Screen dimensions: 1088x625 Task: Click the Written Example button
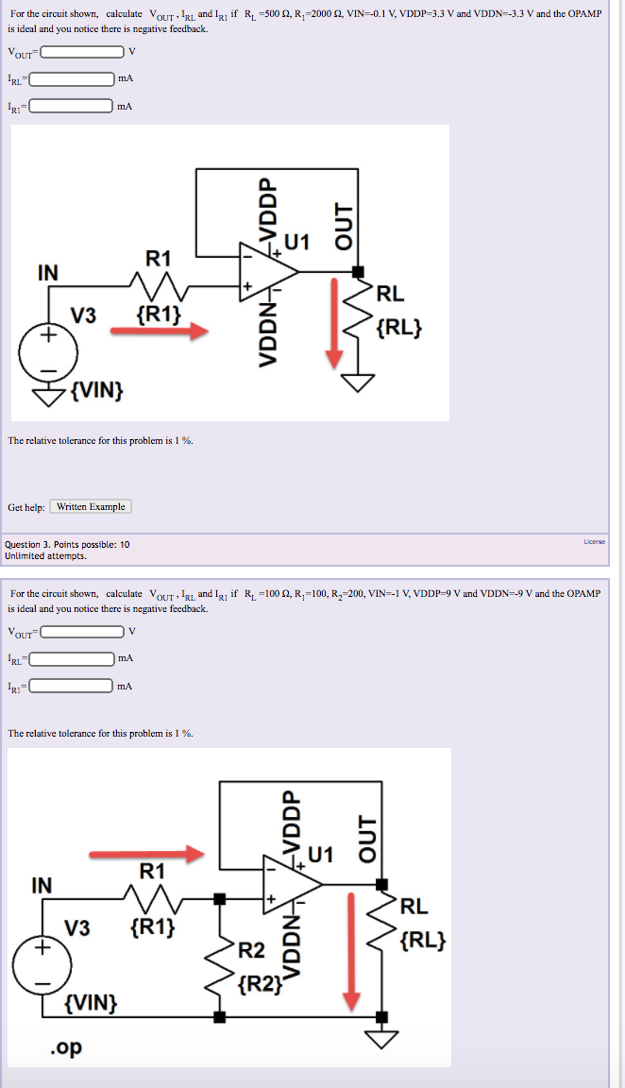click(x=91, y=507)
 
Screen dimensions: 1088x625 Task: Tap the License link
click(x=594, y=541)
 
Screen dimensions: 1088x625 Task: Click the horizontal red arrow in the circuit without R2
click(x=159, y=331)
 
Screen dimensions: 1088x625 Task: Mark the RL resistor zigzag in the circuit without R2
click(x=358, y=321)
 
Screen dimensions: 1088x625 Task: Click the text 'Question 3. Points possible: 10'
click(x=68, y=545)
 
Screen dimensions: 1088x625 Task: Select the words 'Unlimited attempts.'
click(x=45, y=556)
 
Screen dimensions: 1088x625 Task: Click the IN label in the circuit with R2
click(x=42, y=885)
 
